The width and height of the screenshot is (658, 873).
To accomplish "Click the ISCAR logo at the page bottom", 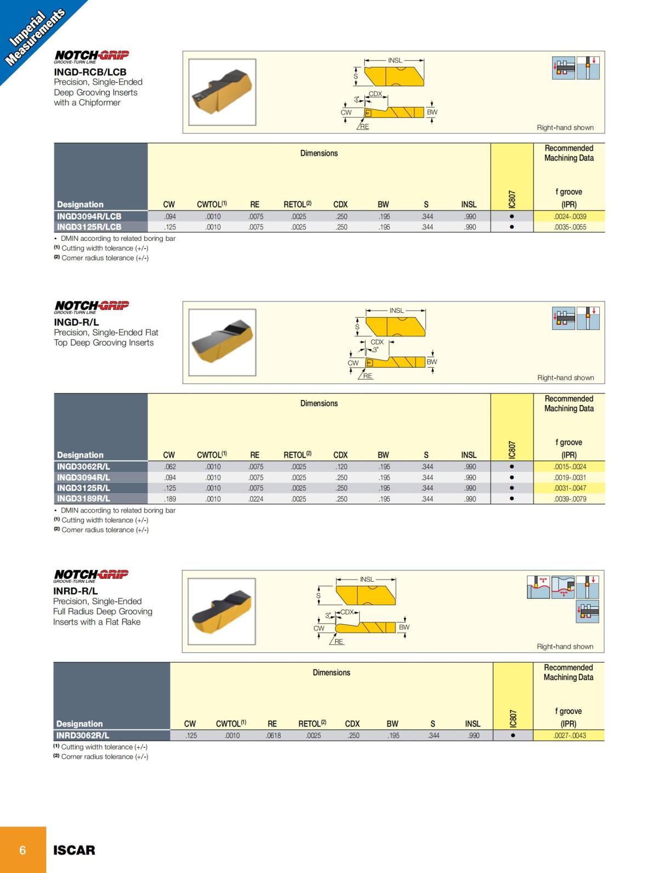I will coord(74,850).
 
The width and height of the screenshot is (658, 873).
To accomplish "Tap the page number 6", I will coord(22,850).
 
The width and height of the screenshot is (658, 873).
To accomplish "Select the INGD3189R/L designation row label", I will coord(83,499).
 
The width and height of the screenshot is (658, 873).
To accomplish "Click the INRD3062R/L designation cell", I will coord(83,735).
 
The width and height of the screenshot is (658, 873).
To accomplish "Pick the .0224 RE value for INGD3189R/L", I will coord(256,499).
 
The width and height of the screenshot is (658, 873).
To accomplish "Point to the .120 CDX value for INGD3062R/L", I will coord(342,467).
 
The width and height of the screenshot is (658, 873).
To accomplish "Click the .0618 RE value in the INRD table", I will coord(273,735).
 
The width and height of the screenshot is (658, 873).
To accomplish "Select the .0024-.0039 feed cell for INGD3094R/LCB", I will coord(570,216).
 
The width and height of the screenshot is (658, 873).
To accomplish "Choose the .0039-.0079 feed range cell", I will coord(570,499).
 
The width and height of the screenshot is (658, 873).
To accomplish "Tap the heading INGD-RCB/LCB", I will coord(90,72).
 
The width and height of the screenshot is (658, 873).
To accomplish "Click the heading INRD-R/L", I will coord(75,591).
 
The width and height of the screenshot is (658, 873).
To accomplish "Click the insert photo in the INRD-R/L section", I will coord(222,611).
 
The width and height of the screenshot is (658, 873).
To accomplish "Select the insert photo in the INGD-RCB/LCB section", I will coord(222,92).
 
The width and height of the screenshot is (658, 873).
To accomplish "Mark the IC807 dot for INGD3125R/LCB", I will coord(512,227).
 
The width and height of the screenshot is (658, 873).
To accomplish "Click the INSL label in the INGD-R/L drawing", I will coord(396,311).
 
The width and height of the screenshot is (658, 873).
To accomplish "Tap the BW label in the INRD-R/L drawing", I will coord(404,627).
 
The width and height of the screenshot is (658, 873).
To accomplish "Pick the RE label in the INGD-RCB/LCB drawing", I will coord(365,127).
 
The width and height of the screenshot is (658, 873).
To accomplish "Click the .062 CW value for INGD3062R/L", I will coord(170,467).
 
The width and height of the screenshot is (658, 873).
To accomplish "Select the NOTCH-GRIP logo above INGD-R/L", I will coord(92,306).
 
